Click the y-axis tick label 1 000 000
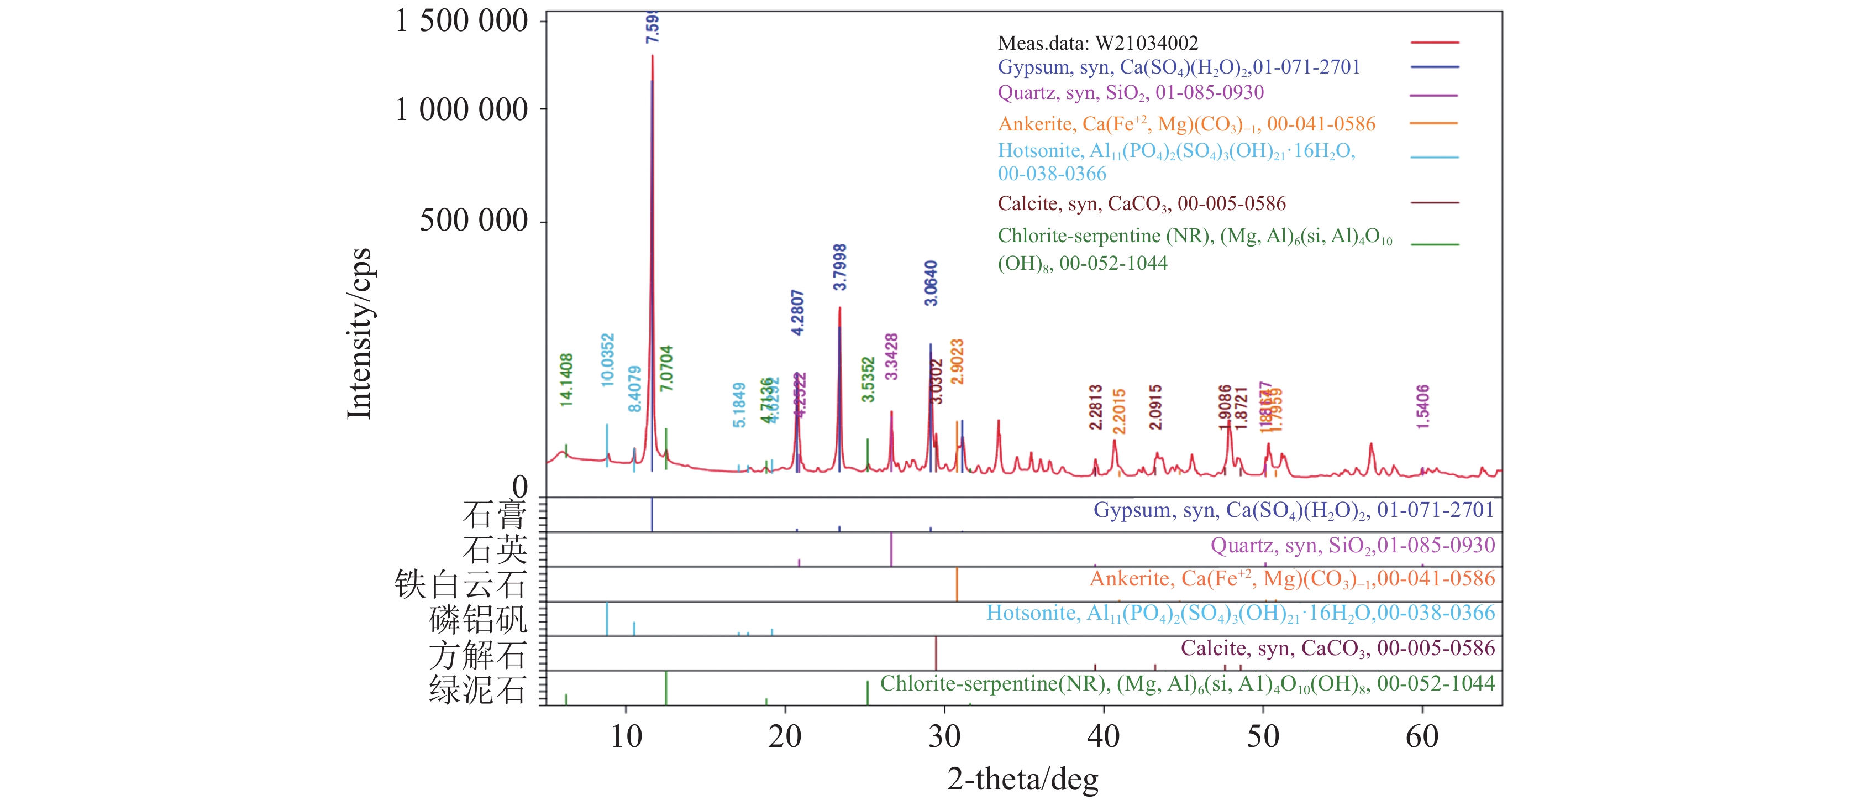(x=461, y=110)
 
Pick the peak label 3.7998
(x=840, y=267)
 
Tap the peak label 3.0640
(x=931, y=284)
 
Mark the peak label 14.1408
(x=566, y=380)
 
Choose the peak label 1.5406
(x=1422, y=406)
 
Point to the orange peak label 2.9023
(x=957, y=361)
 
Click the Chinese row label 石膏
(x=495, y=515)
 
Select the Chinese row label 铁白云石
(x=460, y=584)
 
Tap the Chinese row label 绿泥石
(x=477, y=689)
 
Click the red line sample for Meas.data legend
(x=1434, y=43)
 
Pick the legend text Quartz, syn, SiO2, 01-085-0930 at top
(x=1131, y=93)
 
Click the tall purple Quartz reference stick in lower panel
(x=891, y=550)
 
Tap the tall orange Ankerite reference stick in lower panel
(x=957, y=584)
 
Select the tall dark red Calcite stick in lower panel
(x=936, y=653)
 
